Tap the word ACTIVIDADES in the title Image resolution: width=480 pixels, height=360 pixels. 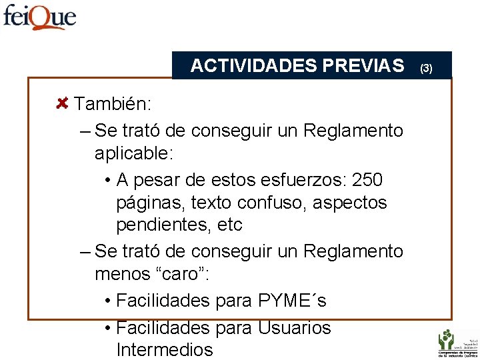click(x=253, y=65)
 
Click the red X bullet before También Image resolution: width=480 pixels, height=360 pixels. click(x=62, y=103)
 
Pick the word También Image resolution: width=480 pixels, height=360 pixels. click(x=113, y=104)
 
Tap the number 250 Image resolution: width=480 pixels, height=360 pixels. click(x=367, y=180)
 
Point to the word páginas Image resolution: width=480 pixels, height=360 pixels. click(x=146, y=203)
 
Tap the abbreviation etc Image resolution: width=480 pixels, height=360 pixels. click(x=230, y=225)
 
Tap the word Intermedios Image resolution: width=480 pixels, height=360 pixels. click(x=164, y=349)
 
